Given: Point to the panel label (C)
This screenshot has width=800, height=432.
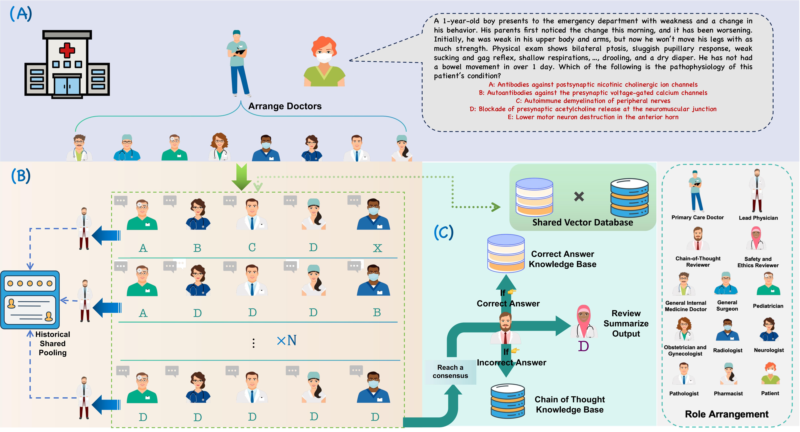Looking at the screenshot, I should click(443, 233).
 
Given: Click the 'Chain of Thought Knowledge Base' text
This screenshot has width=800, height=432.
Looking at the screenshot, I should click(570, 404).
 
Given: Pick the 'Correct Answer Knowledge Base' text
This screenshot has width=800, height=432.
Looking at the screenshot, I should click(562, 259).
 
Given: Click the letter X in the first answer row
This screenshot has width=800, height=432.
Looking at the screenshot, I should click(377, 248).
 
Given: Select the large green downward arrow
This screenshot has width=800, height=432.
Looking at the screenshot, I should click(242, 177).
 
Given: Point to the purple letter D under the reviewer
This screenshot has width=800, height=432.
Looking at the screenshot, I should click(583, 346).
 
